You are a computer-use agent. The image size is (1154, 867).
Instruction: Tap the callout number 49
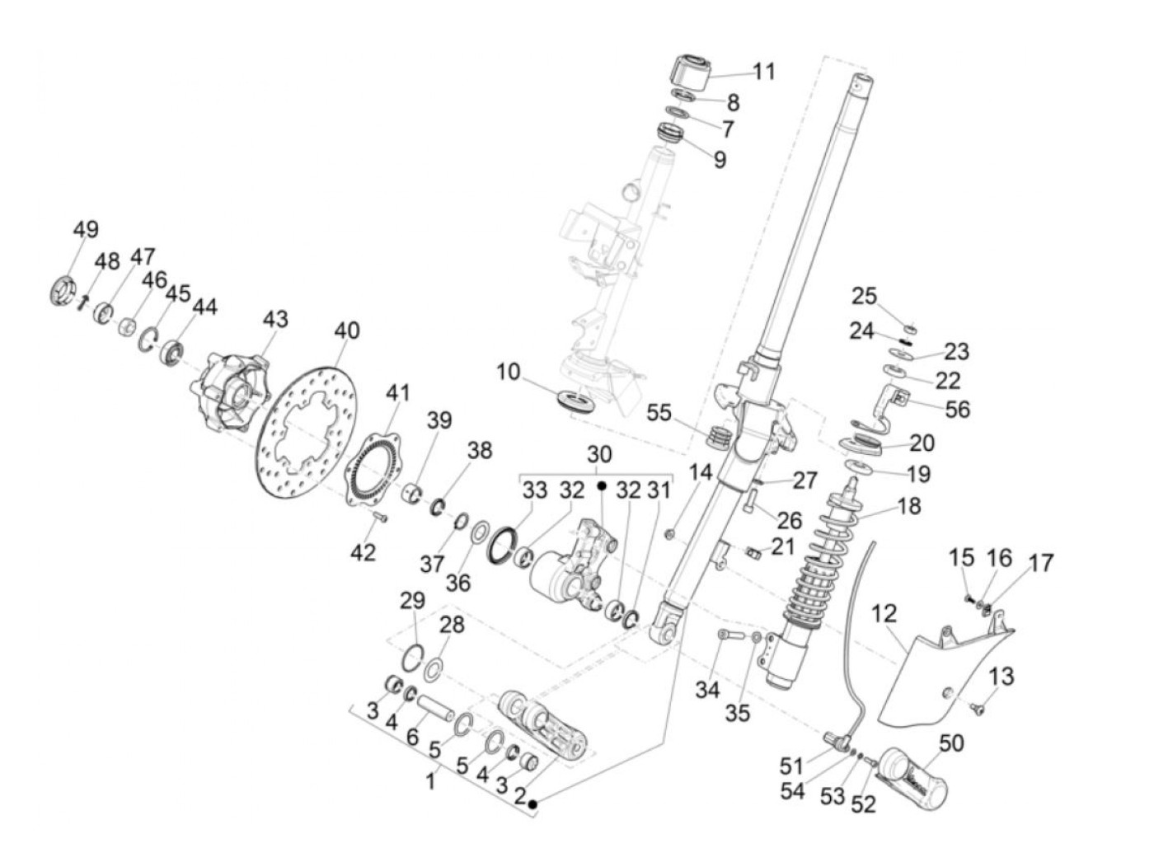pos(86,229)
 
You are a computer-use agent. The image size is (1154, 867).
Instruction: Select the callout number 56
pos(957,409)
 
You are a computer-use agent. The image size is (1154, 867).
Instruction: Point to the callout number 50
pos(950,743)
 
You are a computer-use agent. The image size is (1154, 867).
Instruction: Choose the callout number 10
pos(509,372)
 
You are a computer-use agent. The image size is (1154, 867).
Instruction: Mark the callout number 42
pos(363,552)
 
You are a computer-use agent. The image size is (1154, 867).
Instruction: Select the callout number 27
pos(805,480)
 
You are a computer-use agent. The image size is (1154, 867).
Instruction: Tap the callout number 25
pos(865,296)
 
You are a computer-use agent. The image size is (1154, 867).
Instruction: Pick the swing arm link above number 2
pos(544,725)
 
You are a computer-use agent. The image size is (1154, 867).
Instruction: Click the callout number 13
pos(1001,677)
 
